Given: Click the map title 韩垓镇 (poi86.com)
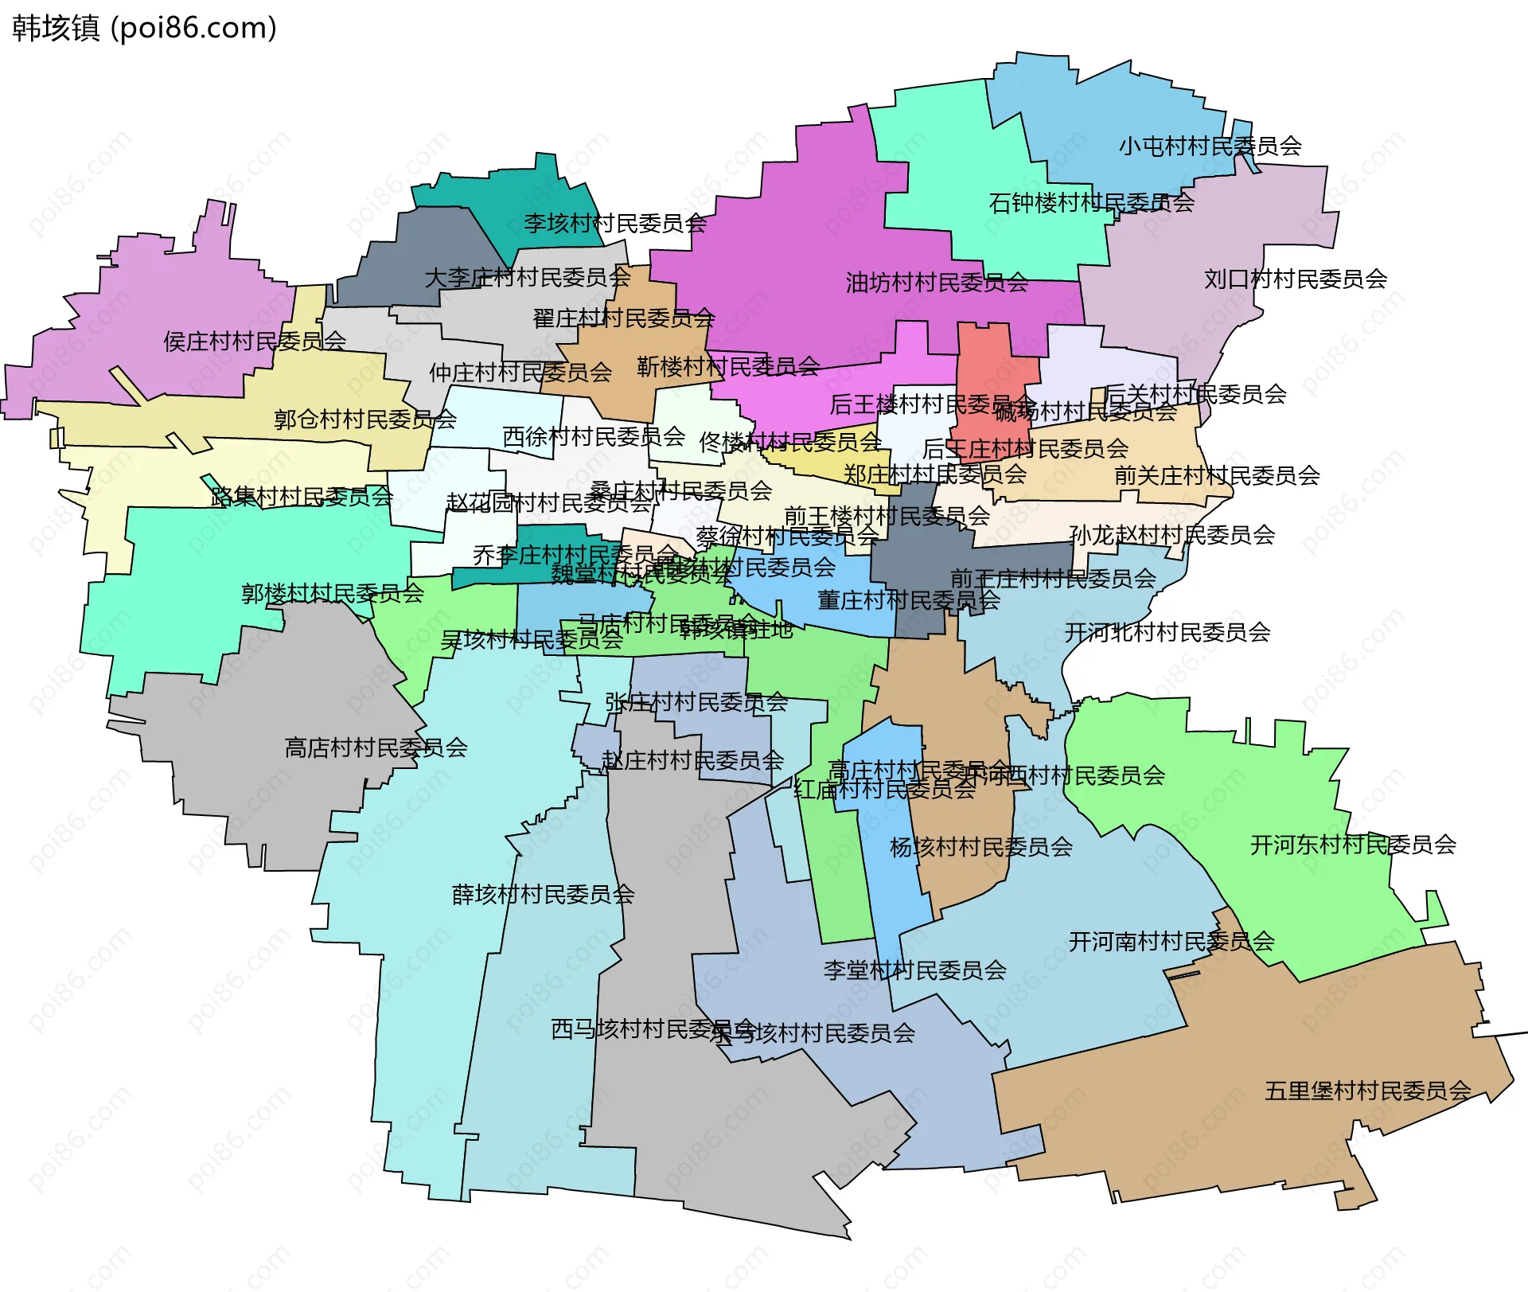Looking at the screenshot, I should coord(144,28).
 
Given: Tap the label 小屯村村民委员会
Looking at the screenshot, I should coord(1210,146).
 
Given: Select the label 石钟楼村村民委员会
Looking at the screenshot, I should coord(1091,203).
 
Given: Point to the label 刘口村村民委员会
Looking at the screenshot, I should coord(1295,279).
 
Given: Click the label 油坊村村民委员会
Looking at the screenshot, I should coord(936,283).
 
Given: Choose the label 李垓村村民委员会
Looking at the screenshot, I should coord(614,224).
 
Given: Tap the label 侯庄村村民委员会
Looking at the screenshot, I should coord(255,342).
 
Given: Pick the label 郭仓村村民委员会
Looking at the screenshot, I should coord(364,420).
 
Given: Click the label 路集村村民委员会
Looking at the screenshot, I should coord(302,497).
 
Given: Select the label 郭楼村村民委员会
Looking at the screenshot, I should coord(333,593).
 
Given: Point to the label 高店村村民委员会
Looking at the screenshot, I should coord(376,747).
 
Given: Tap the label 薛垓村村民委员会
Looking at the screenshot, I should coord(543,895).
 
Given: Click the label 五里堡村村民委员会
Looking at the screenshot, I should coord(1367,1091).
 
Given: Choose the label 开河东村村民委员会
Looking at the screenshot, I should coord(1353,845).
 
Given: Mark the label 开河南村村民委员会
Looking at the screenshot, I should coord(1171,942).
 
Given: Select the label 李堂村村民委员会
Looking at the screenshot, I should coord(914,970).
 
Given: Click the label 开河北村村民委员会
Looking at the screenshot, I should coord(1167,633).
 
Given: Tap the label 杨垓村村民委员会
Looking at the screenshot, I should coord(980,847).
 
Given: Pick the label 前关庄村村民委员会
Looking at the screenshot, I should coord(1217,476).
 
